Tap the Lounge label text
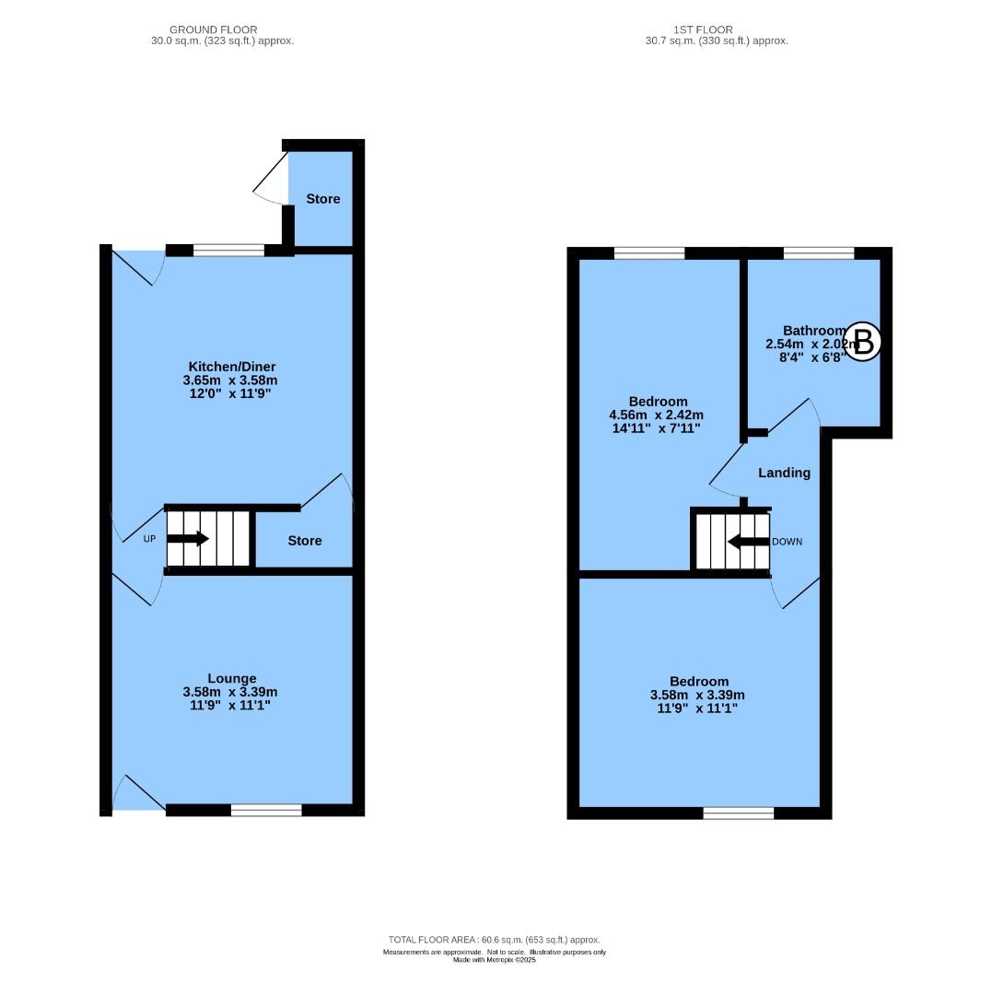(x=231, y=678)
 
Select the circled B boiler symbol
(x=863, y=343)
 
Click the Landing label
(x=784, y=473)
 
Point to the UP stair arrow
(x=188, y=539)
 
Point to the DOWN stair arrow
(x=747, y=542)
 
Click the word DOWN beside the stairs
(x=788, y=542)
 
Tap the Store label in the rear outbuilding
(x=323, y=199)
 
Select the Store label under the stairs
(x=305, y=541)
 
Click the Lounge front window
(x=266, y=810)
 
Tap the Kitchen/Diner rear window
(x=228, y=250)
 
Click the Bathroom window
(x=818, y=252)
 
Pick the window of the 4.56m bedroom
(x=649, y=252)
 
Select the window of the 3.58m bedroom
(x=739, y=813)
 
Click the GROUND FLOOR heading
(x=213, y=29)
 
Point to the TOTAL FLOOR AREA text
(x=495, y=940)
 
